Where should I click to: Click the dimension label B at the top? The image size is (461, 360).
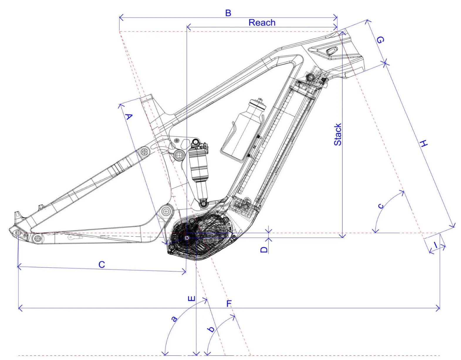228,13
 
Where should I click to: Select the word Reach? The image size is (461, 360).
262,23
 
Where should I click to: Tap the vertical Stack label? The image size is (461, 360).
338,134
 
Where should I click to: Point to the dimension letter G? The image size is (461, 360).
380,40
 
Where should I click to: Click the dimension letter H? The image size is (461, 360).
424,144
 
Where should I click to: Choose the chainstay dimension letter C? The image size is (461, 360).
102,265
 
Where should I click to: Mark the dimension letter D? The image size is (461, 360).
264,249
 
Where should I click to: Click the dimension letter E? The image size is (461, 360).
191,299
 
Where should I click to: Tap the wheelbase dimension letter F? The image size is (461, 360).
229,303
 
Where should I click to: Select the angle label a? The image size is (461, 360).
174,319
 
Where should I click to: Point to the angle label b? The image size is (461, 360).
211,329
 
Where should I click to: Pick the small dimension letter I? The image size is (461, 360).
436,245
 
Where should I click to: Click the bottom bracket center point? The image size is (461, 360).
187,238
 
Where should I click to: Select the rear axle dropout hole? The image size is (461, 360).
18,233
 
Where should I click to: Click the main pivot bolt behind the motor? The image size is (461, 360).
166,211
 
